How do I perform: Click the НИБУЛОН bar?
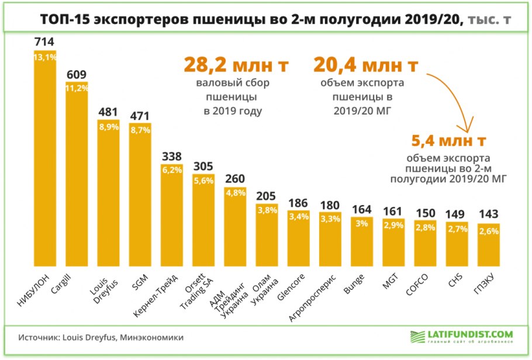coord(45,158)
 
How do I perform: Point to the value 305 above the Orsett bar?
coord(203,167)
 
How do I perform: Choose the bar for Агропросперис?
coord(330,237)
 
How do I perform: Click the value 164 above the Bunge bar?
coord(362,209)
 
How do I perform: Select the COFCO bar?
coord(425,243)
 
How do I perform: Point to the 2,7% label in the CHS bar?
coord(457,229)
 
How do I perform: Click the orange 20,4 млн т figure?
coord(367,65)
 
